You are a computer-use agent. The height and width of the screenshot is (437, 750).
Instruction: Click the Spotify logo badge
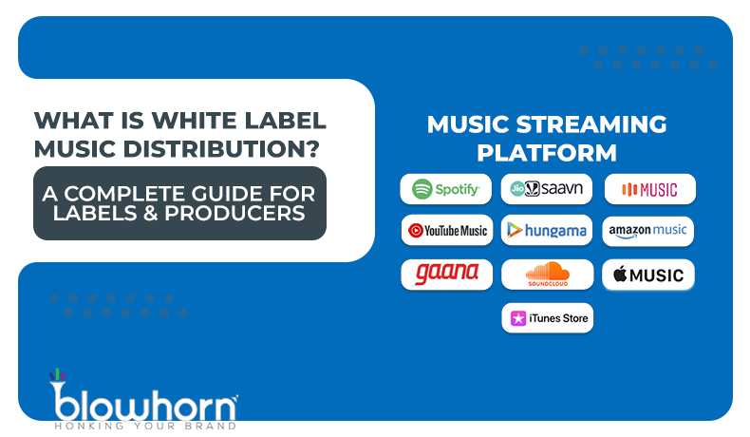pos(445,189)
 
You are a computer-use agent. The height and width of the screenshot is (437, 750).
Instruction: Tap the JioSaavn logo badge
pos(547,189)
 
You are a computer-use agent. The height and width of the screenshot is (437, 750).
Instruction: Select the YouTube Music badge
pos(446,230)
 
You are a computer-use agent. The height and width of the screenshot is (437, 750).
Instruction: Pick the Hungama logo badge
pos(547,230)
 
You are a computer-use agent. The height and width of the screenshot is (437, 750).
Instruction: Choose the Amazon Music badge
pos(648,231)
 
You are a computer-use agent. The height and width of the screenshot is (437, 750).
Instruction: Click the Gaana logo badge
pos(446,274)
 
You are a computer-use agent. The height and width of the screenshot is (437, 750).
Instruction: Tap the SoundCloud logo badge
pos(547,275)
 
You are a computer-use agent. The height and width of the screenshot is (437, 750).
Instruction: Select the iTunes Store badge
pos(548,318)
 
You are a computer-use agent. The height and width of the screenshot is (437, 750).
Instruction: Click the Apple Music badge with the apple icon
pos(648,275)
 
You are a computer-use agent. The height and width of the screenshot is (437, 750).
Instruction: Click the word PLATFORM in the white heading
pos(547,152)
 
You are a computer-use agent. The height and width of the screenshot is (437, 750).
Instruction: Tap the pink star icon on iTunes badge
pos(519,318)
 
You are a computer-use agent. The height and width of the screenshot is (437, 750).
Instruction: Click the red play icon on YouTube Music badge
pos(416,230)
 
